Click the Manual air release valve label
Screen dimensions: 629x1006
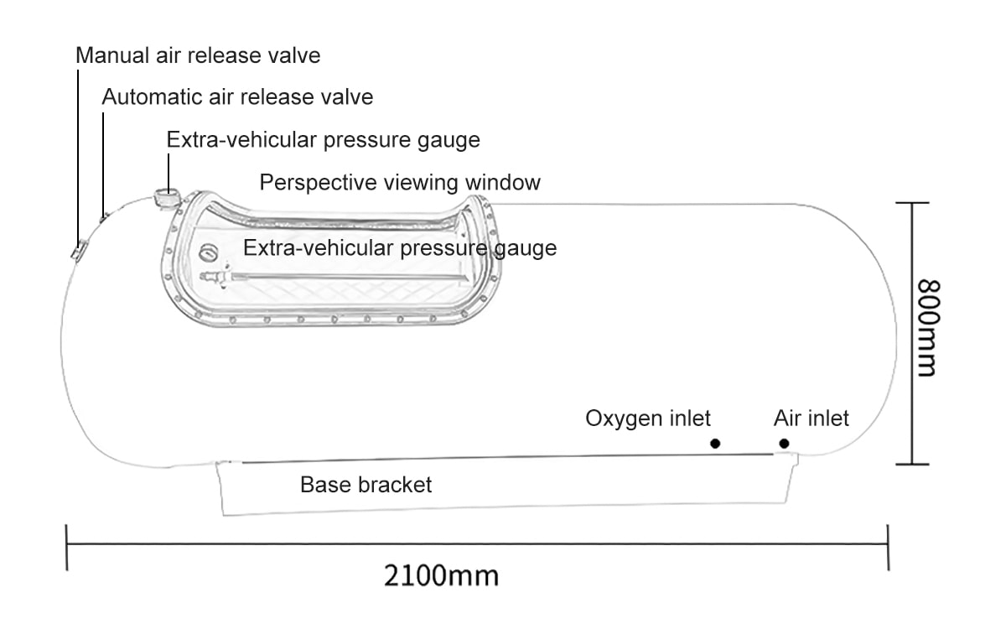point(198,56)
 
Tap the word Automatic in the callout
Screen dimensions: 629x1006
point(152,97)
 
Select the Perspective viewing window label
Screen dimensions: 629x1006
point(400,182)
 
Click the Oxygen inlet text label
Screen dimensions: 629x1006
point(648,418)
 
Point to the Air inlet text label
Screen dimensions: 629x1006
point(811,418)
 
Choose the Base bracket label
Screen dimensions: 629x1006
point(366,485)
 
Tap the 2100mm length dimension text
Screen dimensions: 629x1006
point(442,576)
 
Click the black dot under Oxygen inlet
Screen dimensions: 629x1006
point(715,444)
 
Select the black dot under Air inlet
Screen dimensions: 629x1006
point(784,444)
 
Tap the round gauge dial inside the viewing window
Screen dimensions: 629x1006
point(207,252)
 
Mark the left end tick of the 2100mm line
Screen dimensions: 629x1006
point(66,547)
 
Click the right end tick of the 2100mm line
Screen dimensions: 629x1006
point(888,547)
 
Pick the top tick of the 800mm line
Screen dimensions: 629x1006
point(912,203)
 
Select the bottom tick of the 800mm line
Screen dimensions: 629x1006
point(912,463)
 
